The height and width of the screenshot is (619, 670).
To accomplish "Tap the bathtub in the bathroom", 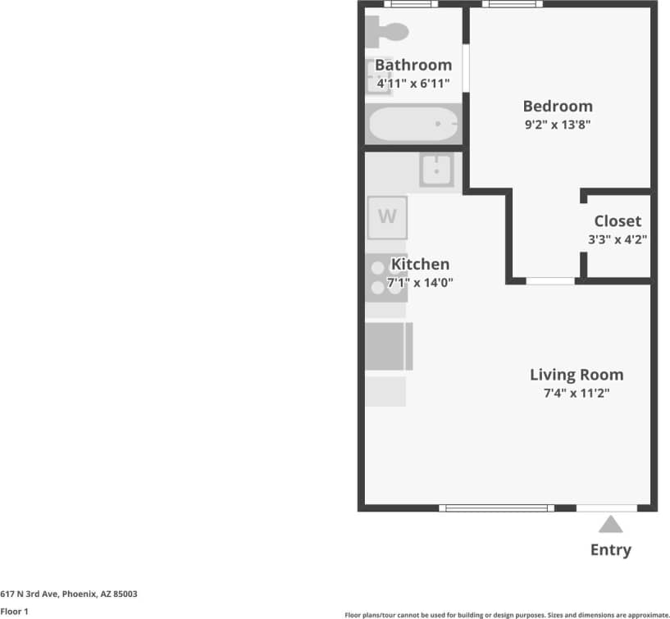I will pos(413,125).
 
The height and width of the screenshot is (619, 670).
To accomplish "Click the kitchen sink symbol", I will pos(437,170).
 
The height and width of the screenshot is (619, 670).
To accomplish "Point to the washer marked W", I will pos(387,217).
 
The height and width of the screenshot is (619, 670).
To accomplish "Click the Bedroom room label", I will pos(558,106).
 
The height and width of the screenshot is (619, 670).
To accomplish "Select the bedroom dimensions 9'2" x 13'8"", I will pos(558,125).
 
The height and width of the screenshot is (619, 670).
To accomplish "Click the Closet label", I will pos(618,221).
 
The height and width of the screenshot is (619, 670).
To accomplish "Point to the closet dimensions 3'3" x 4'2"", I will pos(618,240).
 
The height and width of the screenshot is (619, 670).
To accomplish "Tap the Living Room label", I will pos(576,375).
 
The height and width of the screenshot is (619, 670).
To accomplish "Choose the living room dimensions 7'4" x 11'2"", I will pos(576,393).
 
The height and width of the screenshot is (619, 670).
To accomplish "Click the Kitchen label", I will pos(420,264).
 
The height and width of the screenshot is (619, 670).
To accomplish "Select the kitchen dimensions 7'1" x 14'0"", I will pos(420,283).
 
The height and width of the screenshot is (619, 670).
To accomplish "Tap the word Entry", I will pos(611,549).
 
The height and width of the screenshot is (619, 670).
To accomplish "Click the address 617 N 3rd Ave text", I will pos(69,594).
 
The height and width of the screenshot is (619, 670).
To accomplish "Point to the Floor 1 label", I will pos(15,612).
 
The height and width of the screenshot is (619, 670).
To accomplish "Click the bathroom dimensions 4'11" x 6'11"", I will pos(413,83).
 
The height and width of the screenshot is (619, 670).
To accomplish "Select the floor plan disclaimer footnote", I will pos(506,614).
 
